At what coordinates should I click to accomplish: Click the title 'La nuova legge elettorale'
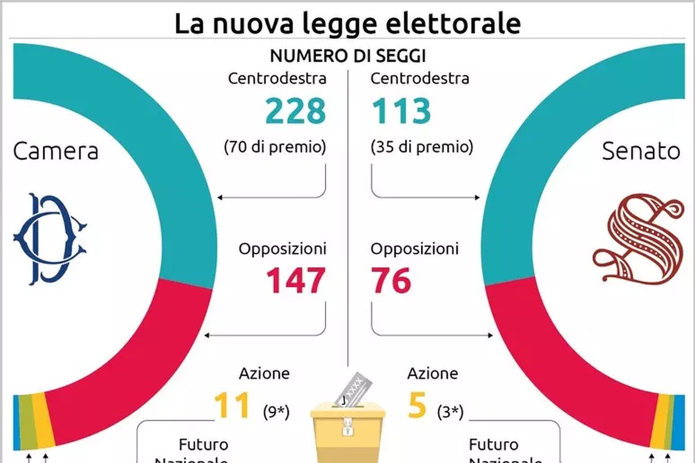click(347, 24)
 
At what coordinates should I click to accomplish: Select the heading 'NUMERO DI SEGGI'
click(347, 56)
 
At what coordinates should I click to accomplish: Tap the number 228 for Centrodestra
click(295, 111)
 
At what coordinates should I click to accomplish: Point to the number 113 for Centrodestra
click(401, 111)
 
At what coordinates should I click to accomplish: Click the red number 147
click(295, 280)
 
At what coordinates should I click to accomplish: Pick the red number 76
click(391, 280)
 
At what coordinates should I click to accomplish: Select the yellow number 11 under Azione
click(231, 406)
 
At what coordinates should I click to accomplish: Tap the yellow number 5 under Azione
click(417, 406)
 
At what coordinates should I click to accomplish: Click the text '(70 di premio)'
click(275, 147)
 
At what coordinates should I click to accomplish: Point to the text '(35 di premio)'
click(421, 147)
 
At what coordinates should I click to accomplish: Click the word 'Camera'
click(55, 151)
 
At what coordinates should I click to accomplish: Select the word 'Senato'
click(641, 151)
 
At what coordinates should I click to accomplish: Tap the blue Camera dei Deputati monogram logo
click(49, 238)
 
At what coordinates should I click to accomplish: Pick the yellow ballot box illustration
click(347, 430)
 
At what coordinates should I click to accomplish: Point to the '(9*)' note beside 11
click(276, 412)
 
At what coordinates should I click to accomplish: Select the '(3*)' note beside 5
click(450, 412)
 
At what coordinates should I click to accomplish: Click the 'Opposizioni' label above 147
click(282, 249)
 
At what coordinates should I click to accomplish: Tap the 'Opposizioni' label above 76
click(415, 249)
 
